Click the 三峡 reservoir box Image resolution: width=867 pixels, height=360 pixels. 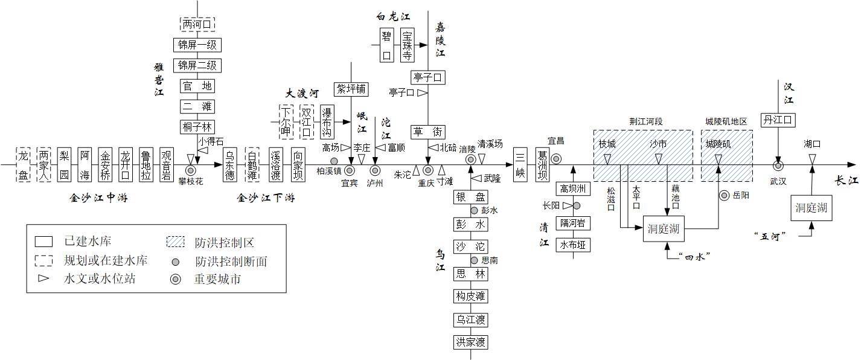pos(519,164)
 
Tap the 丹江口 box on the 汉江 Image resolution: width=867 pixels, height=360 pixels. pos(778,120)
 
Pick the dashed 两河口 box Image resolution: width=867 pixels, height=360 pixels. pos(197,25)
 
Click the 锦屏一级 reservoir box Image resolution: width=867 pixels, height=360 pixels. pos(197,45)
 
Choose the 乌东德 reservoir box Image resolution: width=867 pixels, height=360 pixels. pos(231,164)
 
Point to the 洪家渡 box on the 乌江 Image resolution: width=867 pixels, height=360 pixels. pos(471,342)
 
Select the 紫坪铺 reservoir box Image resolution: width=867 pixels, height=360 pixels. pos(351,89)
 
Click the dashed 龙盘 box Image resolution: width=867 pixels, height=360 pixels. pos(23,164)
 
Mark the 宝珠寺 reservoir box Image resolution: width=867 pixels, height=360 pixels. pos(408,45)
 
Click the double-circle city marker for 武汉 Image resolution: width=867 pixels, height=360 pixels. pos(778,165)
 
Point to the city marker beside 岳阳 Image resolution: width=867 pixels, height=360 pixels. pos(724,195)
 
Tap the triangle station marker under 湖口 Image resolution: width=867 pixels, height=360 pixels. pos(813,158)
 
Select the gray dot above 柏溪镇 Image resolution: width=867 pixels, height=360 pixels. pos(334,161)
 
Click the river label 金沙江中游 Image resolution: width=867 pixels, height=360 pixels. pos(98,198)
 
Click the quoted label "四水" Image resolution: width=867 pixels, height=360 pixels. pos(694,256)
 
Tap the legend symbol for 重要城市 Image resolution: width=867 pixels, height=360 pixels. pos(174,280)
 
